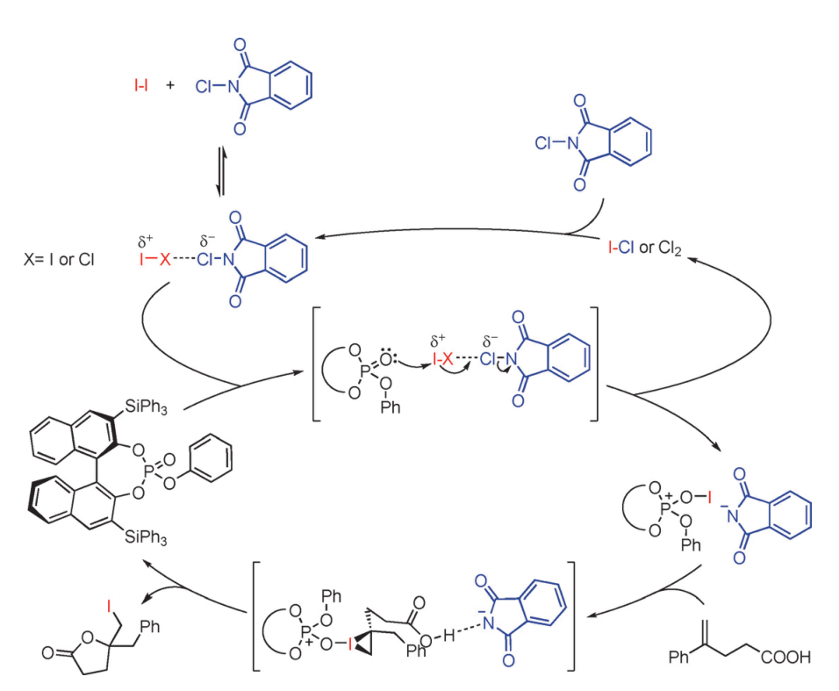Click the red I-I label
pos(140,86)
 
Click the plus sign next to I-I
pos(170,86)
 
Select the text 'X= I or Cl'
pos(58,259)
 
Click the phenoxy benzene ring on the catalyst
pos(212,457)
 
